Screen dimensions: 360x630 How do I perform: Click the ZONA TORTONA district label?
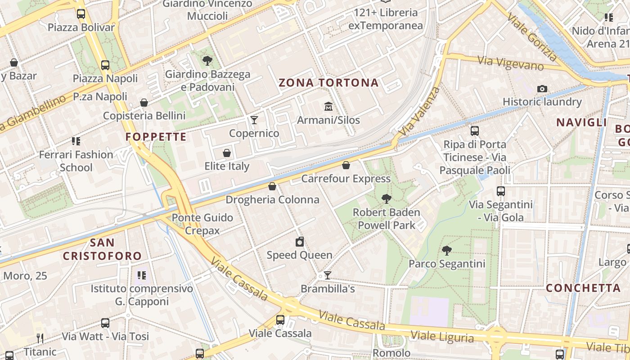point(328,83)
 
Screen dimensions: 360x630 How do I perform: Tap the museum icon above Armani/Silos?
point(328,107)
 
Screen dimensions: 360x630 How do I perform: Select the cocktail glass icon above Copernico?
point(254,120)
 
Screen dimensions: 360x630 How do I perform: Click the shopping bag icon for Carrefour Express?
point(346,165)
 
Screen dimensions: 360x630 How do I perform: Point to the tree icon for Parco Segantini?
point(446,250)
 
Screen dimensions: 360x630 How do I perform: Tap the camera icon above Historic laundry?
point(542,89)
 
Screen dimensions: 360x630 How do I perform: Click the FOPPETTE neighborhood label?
point(156,137)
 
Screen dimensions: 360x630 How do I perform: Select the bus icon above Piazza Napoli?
point(105,65)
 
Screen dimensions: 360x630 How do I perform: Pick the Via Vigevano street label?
point(511,63)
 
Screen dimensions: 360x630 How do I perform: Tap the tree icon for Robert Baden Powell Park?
point(386,198)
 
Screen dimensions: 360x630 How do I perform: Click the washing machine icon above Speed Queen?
point(300,242)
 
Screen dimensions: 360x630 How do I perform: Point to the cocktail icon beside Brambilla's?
point(328,275)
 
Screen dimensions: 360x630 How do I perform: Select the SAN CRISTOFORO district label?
point(102,250)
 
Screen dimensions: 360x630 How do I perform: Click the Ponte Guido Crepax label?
point(202,224)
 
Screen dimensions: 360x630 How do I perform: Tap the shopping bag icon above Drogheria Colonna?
point(272,186)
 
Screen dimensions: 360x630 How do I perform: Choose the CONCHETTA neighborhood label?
point(583,288)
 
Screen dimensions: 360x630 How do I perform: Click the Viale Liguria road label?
point(442,337)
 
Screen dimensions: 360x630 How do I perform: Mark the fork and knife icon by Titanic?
point(40,338)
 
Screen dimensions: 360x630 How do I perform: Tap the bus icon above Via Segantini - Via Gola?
point(501,191)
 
